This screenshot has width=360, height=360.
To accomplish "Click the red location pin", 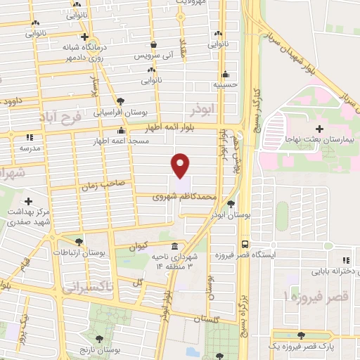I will pos(181,165).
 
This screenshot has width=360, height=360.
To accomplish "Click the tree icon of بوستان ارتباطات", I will pos(79,240).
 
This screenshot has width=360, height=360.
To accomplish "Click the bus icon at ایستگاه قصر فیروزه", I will pos(244,243).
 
